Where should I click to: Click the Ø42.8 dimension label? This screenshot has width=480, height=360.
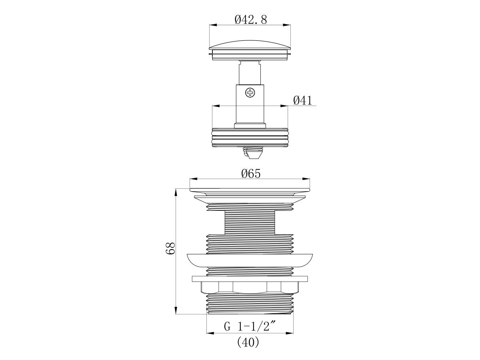click(x=251, y=20)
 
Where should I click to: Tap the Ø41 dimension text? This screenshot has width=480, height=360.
click(x=303, y=100)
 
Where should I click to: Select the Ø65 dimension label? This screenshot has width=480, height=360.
click(x=251, y=174)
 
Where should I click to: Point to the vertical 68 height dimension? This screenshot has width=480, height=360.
click(x=170, y=248)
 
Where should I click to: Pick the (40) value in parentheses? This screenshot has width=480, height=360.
click(x=248, y=342)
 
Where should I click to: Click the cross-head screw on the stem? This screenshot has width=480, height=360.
click(x=250, y=93)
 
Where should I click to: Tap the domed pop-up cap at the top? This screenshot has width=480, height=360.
click(x=250, y=49)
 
